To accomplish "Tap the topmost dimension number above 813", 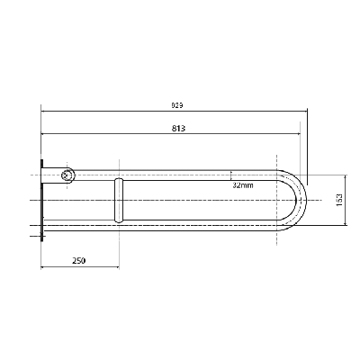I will pyautogui.click(x=177, y=105).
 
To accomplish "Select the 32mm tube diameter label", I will pyautogui.click(x=243, y=184).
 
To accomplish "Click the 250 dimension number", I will pyautogui.click(x=79, y=260).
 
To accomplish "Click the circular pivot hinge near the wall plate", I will pyautogui.click(x=67, y=175).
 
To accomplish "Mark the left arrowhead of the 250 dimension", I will pyautogui.click(x=42, y=267).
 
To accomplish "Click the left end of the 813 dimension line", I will pyautogui.click(x=41, y=136).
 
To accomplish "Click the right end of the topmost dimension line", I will pyautogui.click(x=308, y=112).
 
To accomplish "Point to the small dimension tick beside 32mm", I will pyautogui.click(x=232, y=175).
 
